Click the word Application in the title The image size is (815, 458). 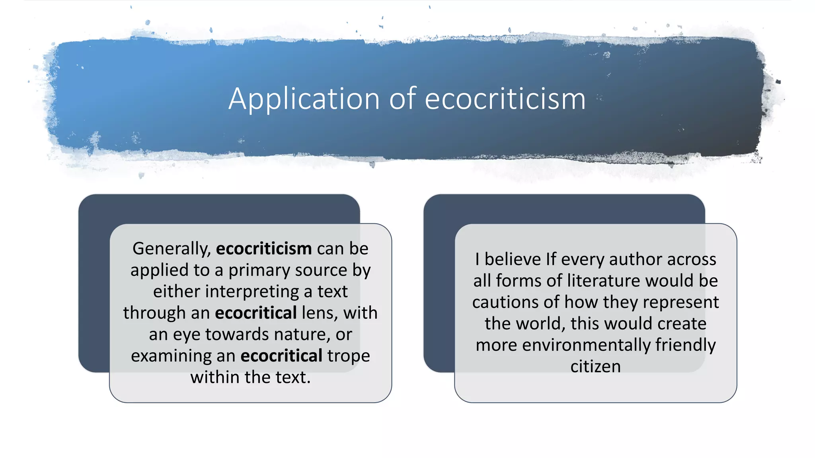[304, 99]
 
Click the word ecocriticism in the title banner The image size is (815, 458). [505, 99]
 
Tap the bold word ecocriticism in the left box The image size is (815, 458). [264, 249]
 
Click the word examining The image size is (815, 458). [171, 356]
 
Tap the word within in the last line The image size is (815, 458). [215, 377]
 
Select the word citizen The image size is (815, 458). [595, 367]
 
